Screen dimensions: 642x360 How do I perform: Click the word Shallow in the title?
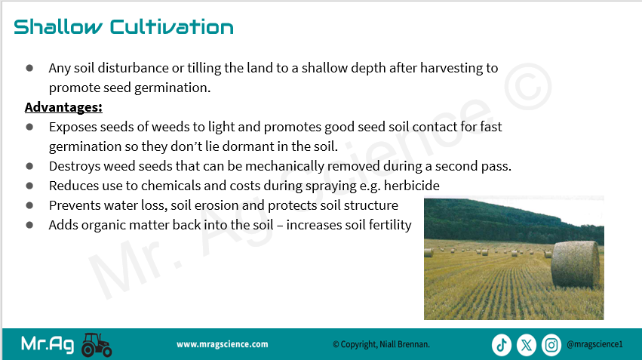click(58, 27)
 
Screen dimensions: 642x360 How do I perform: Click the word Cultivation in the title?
click(171, 27)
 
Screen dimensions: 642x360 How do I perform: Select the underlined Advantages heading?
click(63, 107)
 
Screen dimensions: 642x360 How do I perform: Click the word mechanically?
click(284, 166)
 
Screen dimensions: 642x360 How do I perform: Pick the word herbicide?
click(411, 186)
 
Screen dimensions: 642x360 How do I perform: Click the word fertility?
click(390, 225)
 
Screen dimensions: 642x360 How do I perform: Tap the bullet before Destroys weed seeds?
click(29, 166)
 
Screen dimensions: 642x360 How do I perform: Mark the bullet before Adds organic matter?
click(29, 225)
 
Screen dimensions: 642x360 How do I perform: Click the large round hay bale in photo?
click(576, 264)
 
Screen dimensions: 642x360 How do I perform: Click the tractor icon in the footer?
click(97, 345)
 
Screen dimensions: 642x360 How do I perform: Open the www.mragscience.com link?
click(223, 344)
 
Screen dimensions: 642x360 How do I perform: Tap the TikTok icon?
click(502, 345)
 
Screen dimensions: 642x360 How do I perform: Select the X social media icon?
click(527, 345)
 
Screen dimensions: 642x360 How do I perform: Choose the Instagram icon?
click(551, 345)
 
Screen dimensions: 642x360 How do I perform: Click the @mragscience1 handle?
click(594, 344)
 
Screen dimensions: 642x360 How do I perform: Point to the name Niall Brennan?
click(404, 344)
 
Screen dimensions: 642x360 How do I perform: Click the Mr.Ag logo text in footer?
click(48, 344)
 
